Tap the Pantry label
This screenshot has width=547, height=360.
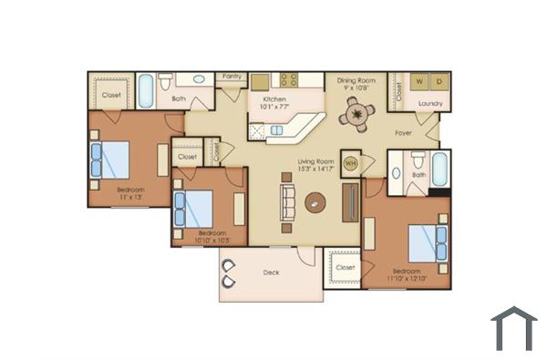pyautogui.click(x=230, y=77)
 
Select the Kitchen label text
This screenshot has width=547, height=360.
pyautogui.click(x=274, y=98)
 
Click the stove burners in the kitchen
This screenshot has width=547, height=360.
pyautogui.click(x=290, y=79)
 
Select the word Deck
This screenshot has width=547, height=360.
pyautogui.click(x=271, y=273)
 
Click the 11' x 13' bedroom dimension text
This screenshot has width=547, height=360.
pyautogui.click(x=131, y=197)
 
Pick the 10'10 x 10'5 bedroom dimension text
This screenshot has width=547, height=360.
pyautogui.click(x=214, y=241)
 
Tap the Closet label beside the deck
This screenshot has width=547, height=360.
pyautogui.click(x=345, y=267)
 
